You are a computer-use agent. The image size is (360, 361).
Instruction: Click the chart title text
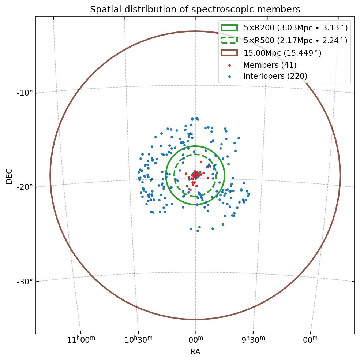pos(195,10)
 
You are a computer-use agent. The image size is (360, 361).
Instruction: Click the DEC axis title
pos(9,176)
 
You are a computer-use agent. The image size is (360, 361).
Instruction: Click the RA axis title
pos(195,352)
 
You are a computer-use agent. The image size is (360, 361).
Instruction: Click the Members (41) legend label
pos(270,65)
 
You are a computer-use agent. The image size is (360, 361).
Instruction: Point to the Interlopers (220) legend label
pos(275,76)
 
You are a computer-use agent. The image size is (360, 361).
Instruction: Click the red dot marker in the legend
pos(229,65)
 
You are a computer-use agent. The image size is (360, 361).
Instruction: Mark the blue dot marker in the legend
pos(229,77)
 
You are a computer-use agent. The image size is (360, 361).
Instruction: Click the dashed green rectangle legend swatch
pos(229,40)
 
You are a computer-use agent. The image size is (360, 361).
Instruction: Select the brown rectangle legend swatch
pos(229,53)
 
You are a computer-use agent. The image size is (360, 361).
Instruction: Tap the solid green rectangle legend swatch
pos(229,27)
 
